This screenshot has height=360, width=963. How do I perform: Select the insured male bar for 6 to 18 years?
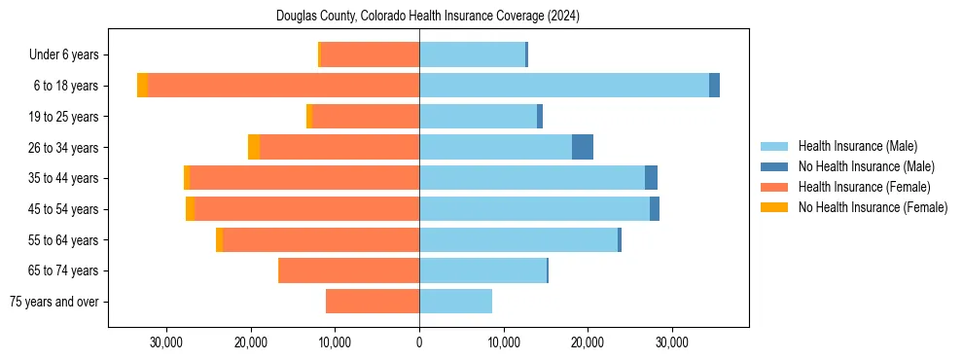564,86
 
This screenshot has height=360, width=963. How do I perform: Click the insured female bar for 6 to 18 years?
283,86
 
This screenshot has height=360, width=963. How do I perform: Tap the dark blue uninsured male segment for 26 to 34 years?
583,147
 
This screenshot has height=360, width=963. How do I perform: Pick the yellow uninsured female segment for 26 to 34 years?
254,147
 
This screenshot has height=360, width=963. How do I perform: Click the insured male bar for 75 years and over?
455,302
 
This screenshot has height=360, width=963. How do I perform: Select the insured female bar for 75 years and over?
373,302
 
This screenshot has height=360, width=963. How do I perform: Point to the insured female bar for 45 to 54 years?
306,209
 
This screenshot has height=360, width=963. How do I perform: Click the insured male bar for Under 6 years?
472,54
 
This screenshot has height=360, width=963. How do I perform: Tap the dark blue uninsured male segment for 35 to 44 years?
651,178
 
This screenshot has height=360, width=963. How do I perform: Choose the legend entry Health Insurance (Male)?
857,146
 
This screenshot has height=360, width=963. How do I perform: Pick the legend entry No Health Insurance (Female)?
873,207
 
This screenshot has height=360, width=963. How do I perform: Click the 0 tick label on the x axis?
419,342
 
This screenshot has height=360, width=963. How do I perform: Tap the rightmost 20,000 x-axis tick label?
588,342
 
